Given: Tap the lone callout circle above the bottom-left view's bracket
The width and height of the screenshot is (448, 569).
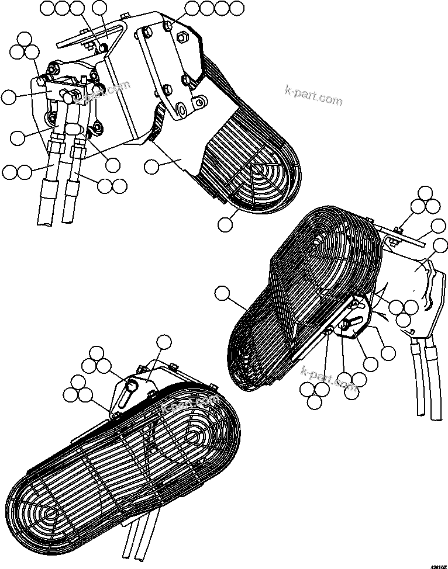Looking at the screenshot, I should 164,342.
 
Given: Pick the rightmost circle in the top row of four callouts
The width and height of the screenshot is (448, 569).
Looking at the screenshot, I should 236,8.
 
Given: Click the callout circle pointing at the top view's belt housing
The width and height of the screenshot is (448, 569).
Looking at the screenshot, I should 151,166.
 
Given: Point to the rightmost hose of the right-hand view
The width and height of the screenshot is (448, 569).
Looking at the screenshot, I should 436,380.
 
